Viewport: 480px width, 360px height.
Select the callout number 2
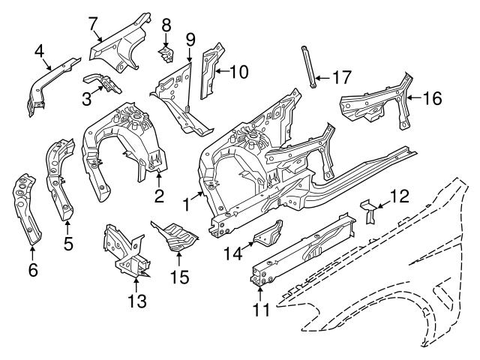pyautogui.click(x=159, y=196)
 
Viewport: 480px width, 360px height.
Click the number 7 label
pyautogui.click(x=94, y=23)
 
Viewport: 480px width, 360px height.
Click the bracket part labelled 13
pyautogui.click(x=124, y=247)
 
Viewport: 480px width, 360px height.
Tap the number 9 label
pyautogui.click(x=190, y=38)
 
